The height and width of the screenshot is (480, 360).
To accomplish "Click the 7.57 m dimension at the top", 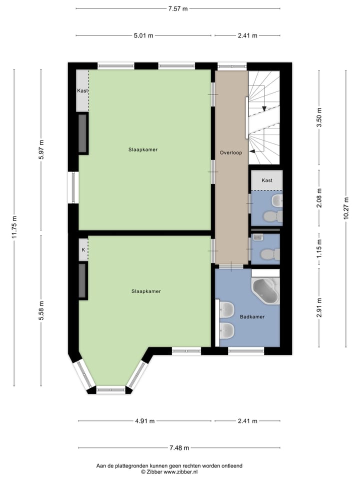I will click(x=177, y=8).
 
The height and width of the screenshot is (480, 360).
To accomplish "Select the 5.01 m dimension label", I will click(x=143, y=35).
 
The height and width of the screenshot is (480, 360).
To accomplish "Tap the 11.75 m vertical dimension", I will click(x=14, y=227).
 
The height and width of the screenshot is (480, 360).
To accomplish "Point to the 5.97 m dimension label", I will click(x=41, y=149).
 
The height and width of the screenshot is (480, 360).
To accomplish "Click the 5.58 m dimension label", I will click(x=41, y=309).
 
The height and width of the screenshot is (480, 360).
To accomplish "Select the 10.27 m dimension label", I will click(x=346, y=208).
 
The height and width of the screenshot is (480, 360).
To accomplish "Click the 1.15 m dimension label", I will click(x=319, y=248).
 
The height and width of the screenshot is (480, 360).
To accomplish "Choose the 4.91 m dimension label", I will click(x=144, y=421).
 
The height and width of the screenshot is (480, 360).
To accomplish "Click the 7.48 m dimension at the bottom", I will click(x=177, y=448).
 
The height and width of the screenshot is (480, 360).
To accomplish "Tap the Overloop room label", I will click(x=231, y=152).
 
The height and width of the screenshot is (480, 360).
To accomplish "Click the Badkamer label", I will click(x=252, y=316).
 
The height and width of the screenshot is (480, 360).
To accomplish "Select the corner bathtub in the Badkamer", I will click(x=265, y=291).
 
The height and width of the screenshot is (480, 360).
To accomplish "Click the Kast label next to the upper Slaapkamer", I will click(x=82, y=91).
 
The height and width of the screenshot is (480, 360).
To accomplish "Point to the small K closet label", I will click(x=83, y=249).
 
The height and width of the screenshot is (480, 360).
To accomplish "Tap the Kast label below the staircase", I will click(x=267, y=180).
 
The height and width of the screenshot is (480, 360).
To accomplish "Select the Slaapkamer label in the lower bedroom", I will click(x=146, y=291).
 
